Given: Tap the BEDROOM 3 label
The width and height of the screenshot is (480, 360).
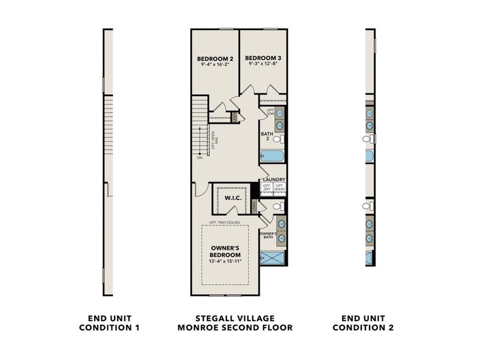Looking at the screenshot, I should [263, 58].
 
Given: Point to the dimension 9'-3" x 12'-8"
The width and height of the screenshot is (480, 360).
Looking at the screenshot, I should [263, 64].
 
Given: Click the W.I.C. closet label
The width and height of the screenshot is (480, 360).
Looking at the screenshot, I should [232, 197].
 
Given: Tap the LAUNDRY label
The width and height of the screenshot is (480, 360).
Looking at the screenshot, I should [274, 179].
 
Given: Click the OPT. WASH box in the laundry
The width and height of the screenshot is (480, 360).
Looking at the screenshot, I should [280, 187].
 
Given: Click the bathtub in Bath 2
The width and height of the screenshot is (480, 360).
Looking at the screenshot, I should [272, 156].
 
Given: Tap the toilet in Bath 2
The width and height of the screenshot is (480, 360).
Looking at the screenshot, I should [278, 139].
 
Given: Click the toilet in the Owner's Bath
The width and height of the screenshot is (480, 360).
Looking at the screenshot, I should [278, 206].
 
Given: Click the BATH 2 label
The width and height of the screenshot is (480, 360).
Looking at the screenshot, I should [267, 136].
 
